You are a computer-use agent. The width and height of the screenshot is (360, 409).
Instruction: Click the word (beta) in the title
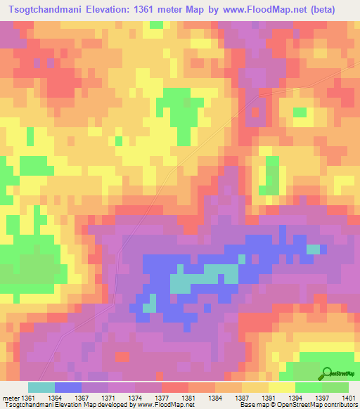(321, 9)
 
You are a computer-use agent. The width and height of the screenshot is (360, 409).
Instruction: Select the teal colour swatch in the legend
(41, 387)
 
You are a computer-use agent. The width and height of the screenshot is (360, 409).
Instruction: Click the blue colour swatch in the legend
(68, 387)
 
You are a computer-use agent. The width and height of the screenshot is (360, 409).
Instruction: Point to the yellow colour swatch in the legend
(281, 387)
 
